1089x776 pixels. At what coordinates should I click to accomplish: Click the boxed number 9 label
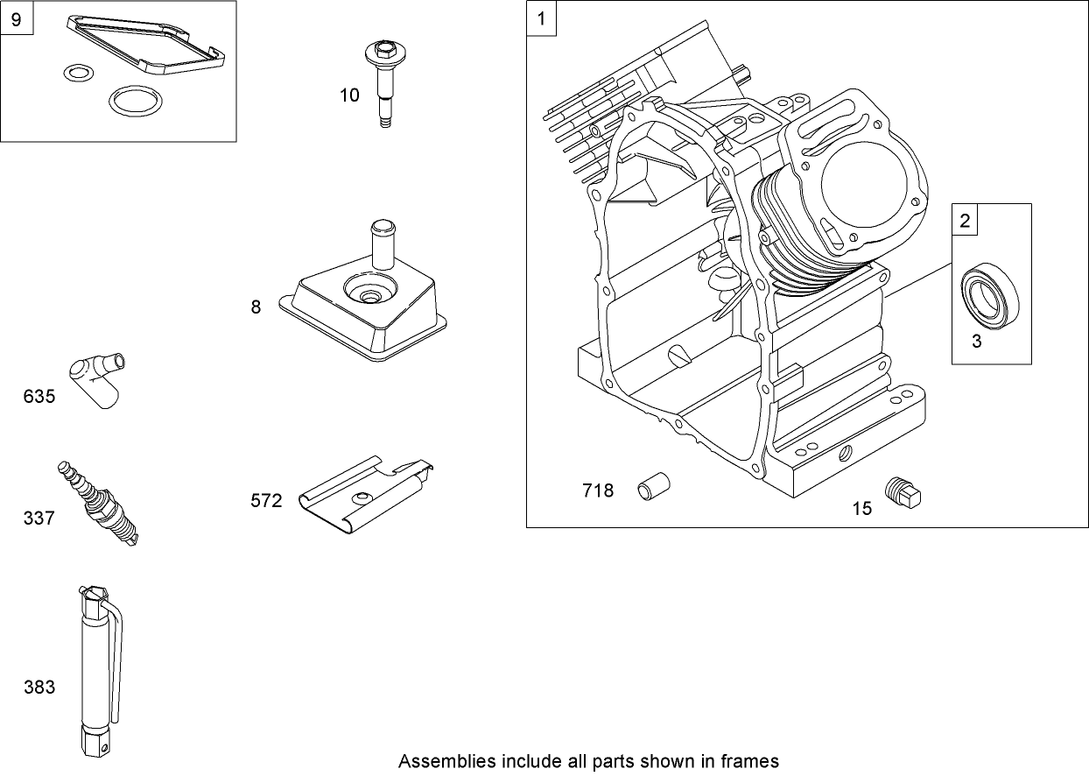16,19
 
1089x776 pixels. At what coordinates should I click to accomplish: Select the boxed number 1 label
542,19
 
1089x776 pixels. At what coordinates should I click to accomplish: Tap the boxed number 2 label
965,221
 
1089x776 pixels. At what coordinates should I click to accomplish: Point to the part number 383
39,688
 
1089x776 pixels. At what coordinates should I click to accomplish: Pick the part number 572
266,501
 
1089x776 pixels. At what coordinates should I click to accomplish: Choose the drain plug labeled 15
903,493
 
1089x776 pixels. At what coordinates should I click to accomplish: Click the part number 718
598,490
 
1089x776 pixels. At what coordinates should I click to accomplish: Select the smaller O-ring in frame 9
79,74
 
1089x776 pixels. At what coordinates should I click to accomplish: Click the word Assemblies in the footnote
440,760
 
